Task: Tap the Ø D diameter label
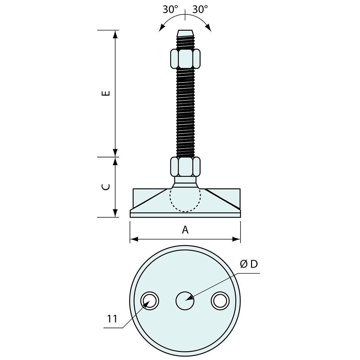(x=249, y=264)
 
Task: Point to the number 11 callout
(x=112, y=319)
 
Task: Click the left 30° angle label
(x=170, y=9)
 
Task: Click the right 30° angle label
(x=200, y=9)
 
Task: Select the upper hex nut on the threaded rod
(x=185, y=59)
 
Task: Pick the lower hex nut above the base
(x=185, y=167)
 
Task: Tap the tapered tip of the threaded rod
(x=185, y=33)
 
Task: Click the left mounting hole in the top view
(x=150, y=300)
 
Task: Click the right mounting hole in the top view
(x=220, y=300)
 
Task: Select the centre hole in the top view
(x=185, y=300)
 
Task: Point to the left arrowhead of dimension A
(x=133, y=239)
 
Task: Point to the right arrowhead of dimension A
(x=238, y=239)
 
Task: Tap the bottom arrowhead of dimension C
(x=115, y=214)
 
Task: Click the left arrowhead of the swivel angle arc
(x=161, y=29)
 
